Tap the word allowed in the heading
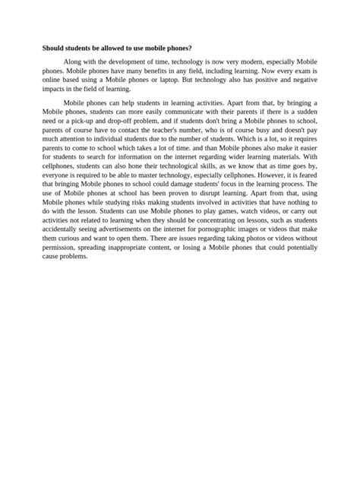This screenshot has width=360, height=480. pyautogui.click(x=127, y=47)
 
